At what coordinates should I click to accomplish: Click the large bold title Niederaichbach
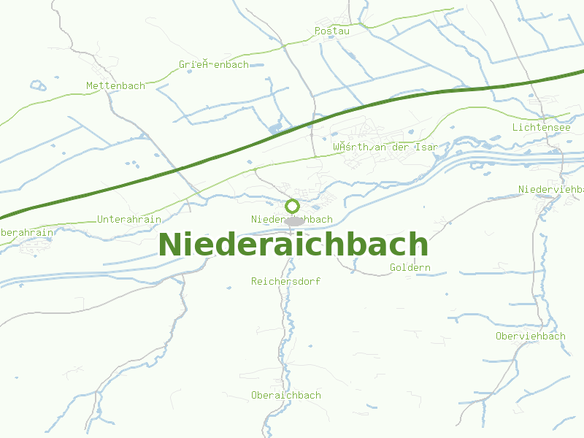tap(293, 245)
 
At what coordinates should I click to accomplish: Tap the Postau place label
tap(332, 31)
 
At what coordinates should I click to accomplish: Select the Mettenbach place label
tap(115, 85)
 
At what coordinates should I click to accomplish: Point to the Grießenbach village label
tap(213, 64)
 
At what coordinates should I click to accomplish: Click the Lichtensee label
tap(541, 127)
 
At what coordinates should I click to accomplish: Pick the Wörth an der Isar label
tap(385, 147)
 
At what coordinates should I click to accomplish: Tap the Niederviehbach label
tap(550, 189)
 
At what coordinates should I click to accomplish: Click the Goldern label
tap(410, 267)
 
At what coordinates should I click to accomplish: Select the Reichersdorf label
tap(285, 281)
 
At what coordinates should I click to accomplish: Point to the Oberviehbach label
tap(530, 336)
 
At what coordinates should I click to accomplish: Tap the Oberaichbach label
tap(285, 395)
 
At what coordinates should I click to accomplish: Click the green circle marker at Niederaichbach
tap(293, 206)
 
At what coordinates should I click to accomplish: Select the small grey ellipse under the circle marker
tap(293, 220)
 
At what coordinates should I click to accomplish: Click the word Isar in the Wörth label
tap(426, 147)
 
